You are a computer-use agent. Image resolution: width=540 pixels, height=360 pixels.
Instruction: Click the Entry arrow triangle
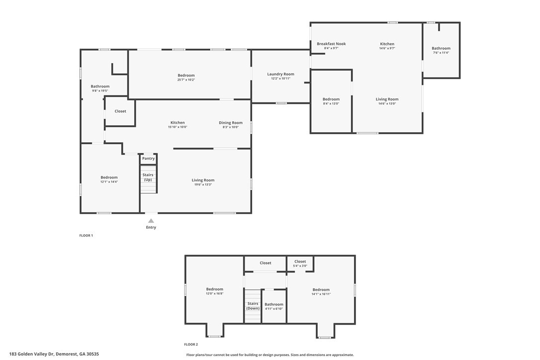tap(151, 221)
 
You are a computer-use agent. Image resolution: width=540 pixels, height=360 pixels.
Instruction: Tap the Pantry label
tap(149, 159)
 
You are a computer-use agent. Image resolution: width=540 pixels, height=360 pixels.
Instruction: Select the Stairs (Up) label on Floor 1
tap(148, 177)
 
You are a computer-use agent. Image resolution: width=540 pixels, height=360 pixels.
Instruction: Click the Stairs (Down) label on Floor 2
tap(253, 306)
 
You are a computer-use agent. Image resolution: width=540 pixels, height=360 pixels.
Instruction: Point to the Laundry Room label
tap(280, 74)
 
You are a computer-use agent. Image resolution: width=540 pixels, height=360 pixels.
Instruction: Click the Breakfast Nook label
tap(331, 44)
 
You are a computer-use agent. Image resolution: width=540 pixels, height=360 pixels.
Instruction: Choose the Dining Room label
tap(231, 123)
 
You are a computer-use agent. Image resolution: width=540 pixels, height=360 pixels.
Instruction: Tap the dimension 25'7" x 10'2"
tap(186, 80)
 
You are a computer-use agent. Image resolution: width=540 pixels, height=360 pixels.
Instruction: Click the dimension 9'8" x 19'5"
tap(100, 90)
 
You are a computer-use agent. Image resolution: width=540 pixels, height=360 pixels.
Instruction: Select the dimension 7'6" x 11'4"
tap(441, 53)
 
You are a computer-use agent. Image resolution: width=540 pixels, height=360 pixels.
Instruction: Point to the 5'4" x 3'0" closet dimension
tap(300, 266)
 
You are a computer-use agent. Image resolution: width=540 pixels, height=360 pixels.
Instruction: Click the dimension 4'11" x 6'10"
tap(274, 309)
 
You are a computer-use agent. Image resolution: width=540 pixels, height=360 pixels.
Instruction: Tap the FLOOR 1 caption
tap(86, 236)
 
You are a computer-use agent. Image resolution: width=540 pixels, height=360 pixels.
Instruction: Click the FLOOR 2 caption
tap(191, 345)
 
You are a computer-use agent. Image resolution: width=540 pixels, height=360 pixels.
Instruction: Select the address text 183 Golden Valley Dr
tap(32, 354)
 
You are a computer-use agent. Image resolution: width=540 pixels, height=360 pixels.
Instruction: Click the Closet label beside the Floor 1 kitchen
tap(120, 111)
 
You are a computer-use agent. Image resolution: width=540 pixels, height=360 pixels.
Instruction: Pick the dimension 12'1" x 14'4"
tap(109, 181)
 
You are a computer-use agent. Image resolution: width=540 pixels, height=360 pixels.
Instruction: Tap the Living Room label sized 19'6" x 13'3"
tap(203, 180)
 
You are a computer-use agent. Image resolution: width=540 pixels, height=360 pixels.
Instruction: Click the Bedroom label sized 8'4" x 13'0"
tap(331, 99)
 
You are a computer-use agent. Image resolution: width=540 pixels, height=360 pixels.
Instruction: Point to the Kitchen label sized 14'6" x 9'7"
tap(387, 44)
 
